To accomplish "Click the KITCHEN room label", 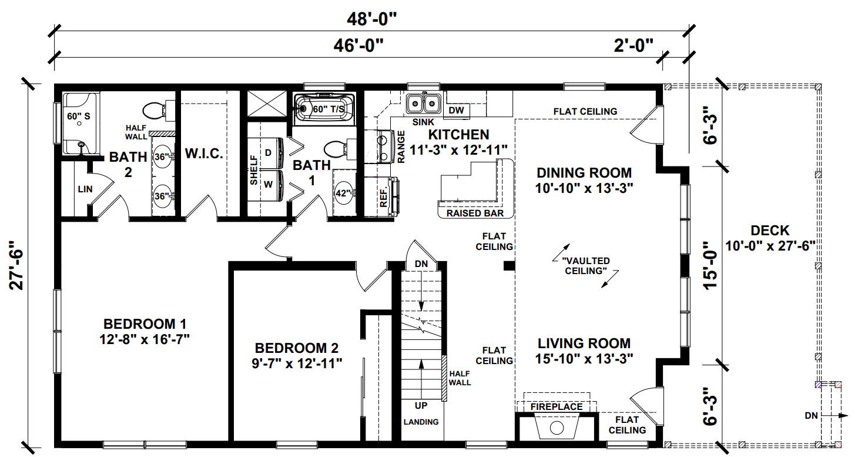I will (x=458, y=135).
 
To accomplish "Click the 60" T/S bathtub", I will (x=324, y=108).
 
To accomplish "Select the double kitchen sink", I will (x=424, y=103).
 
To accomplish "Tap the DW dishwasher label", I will (x=455, y=110).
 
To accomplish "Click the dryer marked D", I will (x=268, y=152).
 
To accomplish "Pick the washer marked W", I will (x=268, y=184).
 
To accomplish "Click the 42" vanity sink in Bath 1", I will (x=343, y=192).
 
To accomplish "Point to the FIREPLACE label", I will (x=556, y=406).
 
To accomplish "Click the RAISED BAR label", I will (x=475, y=213).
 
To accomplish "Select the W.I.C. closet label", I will (x=204, y=154).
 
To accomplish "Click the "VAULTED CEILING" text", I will (x=585, y=266).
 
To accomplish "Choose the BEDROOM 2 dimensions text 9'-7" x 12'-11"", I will (x=297, y=363).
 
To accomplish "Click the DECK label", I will (x=770, y=231).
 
